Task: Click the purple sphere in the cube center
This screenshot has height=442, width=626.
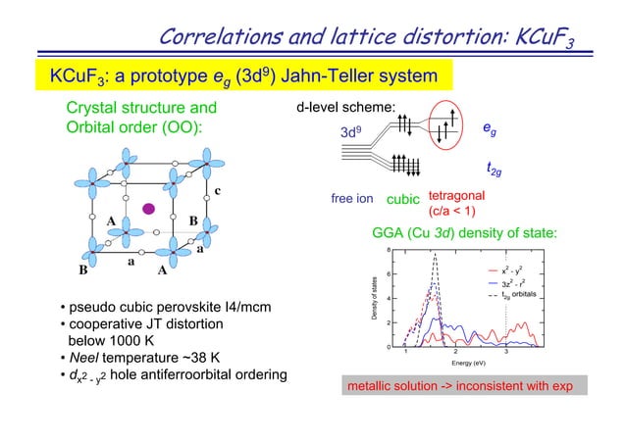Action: pyautogui.click(x=149, y=208)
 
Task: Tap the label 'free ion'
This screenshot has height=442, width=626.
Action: pyautogui.click(x=352, y=199)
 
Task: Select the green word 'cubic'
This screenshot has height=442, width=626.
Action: pyautogui.click(x=400, y=200)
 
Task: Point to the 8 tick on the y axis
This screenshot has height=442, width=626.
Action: pyautogui.click(x=390, y=250)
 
